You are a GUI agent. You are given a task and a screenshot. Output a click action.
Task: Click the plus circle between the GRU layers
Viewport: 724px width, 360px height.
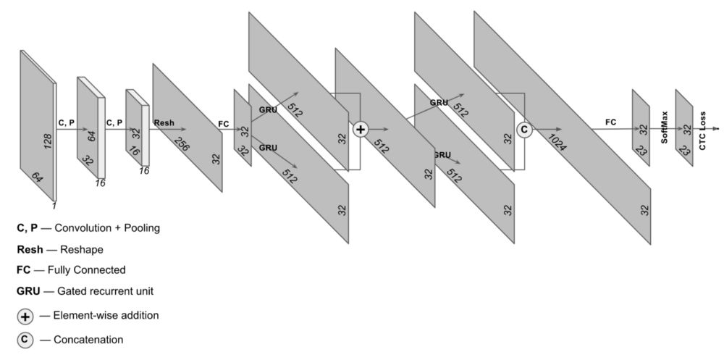click(361, 129)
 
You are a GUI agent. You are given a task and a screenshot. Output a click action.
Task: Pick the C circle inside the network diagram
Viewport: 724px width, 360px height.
click(525, 129)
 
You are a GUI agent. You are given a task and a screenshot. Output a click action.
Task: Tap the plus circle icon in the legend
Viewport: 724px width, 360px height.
click(25, 317)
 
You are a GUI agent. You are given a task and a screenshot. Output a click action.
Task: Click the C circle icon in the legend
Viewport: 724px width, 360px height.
click(25, 340)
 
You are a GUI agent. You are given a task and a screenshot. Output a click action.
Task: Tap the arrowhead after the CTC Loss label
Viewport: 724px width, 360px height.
click(717, 129)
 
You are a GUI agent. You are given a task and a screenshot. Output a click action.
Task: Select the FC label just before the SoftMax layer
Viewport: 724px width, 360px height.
click(611, 122)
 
